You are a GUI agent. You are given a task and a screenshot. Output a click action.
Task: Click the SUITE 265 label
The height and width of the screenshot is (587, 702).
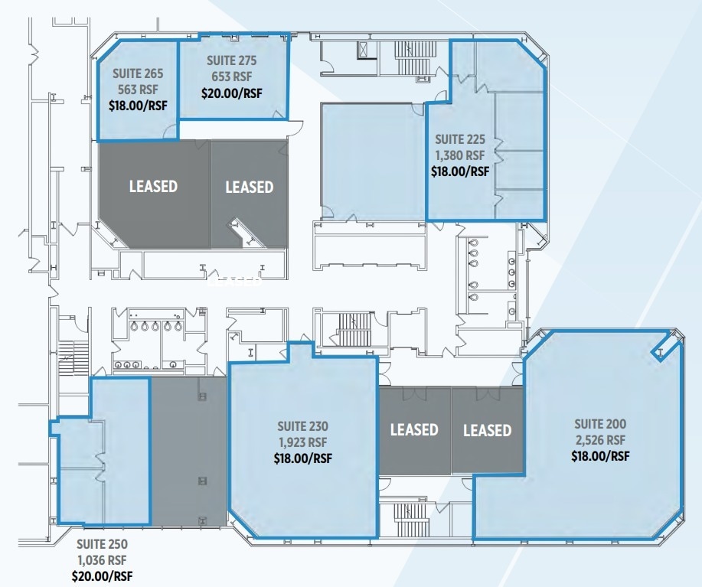coord(139,74)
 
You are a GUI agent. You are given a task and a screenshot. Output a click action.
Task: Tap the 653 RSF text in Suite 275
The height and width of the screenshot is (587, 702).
coord(231,77)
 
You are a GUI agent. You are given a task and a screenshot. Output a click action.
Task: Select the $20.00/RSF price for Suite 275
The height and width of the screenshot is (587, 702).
coord(231,93)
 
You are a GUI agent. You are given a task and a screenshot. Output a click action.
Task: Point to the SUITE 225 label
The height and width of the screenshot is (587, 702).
coord(459,139)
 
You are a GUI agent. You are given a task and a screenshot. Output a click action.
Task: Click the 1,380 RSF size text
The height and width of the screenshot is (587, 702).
coord(459,155)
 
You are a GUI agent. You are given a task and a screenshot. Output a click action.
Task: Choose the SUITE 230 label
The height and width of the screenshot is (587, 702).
coord(302,426)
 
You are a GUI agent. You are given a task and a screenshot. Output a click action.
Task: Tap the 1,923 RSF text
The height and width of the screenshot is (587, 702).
coord(302,442)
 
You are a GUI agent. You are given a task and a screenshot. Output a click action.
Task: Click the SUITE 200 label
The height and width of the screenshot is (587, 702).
coord(600,423)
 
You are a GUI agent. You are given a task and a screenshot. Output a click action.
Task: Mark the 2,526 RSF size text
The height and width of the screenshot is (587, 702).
coord(600,440)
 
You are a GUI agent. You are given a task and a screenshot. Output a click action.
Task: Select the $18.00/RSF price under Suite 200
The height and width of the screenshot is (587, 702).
coord(600,456)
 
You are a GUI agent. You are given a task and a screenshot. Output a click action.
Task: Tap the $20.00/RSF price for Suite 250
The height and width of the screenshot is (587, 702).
coord(102,576)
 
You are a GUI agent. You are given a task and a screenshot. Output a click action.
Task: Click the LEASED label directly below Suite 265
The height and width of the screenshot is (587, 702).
coord(153,186)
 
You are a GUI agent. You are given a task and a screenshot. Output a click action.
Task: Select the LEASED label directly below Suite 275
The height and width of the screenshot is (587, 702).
coord(249,187)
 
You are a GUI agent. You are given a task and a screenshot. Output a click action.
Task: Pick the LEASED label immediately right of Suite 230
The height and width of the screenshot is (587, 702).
coord(414,429)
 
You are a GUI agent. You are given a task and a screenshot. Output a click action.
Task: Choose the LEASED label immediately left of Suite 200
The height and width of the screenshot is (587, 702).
coord(487,430)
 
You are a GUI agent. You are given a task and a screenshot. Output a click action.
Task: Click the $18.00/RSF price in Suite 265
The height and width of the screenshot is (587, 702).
coord(139,106)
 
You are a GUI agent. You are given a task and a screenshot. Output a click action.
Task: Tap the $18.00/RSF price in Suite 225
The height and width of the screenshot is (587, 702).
coord(459,171)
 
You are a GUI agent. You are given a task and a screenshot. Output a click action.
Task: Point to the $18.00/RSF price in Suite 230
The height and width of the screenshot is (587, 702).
coord(302,459)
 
